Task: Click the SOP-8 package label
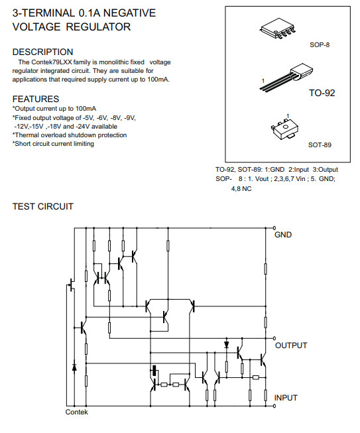tap(320, 44)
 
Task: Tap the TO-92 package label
tap(322, 93)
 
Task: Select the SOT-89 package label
tap(320, 145)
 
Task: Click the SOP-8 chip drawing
tap(277, 28)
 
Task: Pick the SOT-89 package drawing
tap(285, 129)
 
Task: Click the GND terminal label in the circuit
tap(283, 235)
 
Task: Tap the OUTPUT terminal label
tap(291, 345)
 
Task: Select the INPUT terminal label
tap(286, 398)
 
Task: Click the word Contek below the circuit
tap(76, 412)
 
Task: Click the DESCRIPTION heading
tap(43, 52)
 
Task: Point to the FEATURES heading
tap(36, 99)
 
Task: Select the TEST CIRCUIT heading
tap(43, 206)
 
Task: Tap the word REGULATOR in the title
tap(98, 27)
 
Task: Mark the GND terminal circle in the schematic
tap(274, 228)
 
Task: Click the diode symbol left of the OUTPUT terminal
tap(226, 344)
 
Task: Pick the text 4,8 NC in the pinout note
tap(241, 189)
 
